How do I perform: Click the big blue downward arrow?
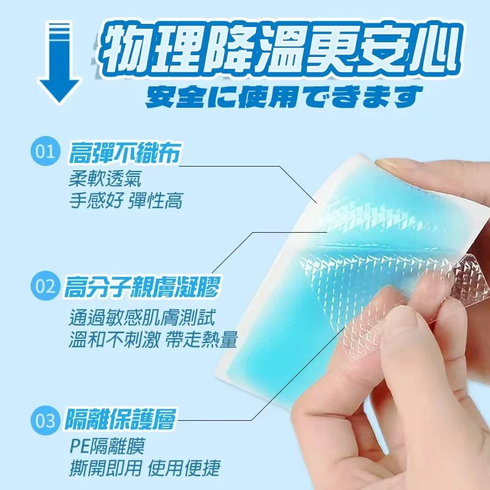[59, 62]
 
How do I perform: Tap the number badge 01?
[45, 151]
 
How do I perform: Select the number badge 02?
[45, 286]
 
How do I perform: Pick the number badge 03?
[45, 420]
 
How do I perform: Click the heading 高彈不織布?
[124, 153]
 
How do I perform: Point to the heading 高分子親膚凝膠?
[142, 287]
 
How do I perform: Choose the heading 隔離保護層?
[120, 420]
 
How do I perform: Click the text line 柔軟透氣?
[105, 179]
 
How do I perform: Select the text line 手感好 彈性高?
[126, 200]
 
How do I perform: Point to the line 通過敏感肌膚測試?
[142, 317]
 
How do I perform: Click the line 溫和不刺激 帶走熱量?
[153, 339]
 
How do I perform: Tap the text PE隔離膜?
[107, 446]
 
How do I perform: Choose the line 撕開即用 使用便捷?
[145, 468]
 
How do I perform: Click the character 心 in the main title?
[434, 50]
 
